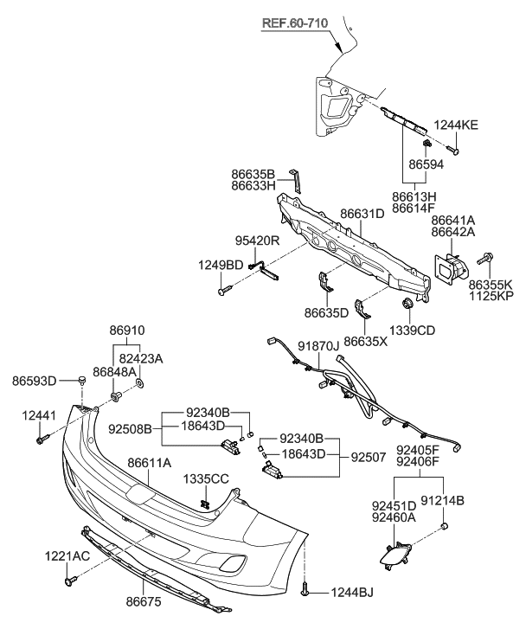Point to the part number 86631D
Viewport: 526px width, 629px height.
(x=362, y=214)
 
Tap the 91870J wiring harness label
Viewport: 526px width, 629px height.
(x=320, y=346)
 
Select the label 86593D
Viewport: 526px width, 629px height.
(x=35, y=380)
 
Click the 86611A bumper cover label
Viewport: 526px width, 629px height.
(x=149, y=464)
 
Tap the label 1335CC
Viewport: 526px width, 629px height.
(x=205, y=478)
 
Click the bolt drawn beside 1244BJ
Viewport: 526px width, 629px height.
(x=308, y=591)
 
